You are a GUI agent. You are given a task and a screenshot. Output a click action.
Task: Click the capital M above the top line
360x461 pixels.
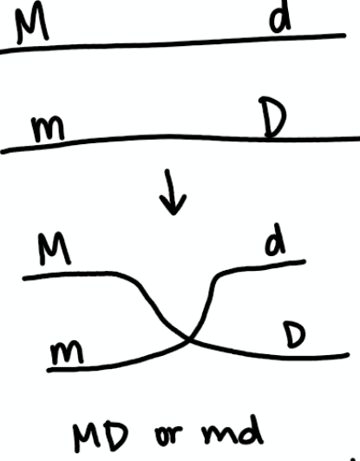(x=32, y=26)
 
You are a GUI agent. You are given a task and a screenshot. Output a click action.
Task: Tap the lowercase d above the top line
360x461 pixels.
(x=280, y=18)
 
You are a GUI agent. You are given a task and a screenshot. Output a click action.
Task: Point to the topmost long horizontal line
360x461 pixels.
(x=173, y=44)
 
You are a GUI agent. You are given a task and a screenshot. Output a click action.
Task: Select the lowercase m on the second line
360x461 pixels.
(x=48, y=128)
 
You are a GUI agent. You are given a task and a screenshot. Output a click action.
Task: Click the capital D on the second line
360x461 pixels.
(x=272, y=117)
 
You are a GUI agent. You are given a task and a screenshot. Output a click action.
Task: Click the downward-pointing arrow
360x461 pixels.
(x=172, y=192)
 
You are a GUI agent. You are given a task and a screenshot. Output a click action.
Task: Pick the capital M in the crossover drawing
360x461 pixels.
(x=55, y=248)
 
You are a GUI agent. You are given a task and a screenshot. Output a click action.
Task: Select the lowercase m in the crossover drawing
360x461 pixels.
(x=67, y=352)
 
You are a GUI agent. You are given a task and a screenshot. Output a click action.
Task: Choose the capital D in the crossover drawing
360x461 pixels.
(x=294, y=334)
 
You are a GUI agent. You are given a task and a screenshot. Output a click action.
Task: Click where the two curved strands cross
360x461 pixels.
(x=190, y=340)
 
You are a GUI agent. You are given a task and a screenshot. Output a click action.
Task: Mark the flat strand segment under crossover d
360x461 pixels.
(x=262, y=267)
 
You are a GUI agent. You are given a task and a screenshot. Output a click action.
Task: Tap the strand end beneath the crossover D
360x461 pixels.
(x=347, y=355)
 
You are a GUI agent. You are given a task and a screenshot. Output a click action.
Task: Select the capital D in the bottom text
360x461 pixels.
(x=115, y=438)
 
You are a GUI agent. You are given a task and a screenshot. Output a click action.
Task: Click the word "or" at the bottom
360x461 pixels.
(x=168, y=435)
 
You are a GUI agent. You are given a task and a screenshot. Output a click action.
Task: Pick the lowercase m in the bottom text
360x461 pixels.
(x=218, y=435)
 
